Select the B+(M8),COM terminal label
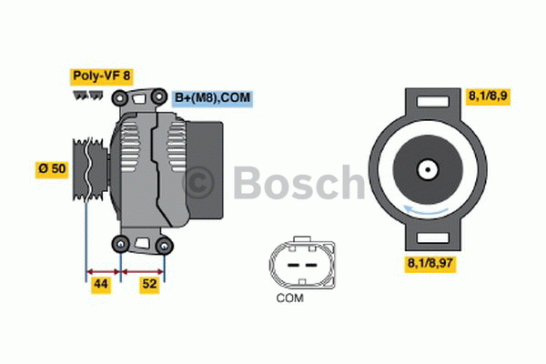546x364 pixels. pyautogui.click(x=211, y=96)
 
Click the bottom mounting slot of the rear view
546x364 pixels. pyautogui.click(x=426, y=238)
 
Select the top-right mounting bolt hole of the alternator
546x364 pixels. pyautogui.click(x=160, y=96)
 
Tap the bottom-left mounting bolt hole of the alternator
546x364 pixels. pyautogui.click(x=120, y=242)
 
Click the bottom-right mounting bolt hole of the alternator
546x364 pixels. pyautogui.click(x=164, y=245)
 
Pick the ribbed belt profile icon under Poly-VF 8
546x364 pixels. pyautogui.click(x=88, y=95)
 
